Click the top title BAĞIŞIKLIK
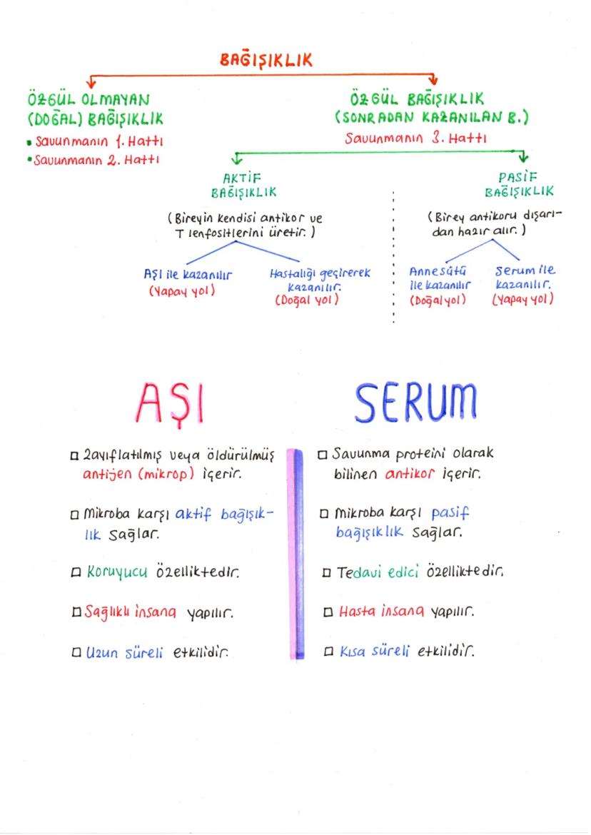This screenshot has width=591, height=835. [x=266, y=61]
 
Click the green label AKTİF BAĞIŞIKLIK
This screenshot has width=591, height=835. [x=244, y=184]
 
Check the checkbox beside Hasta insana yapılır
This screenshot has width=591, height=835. [x=327, y=612]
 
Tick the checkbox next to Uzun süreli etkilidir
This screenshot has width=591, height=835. [x=75, y=652]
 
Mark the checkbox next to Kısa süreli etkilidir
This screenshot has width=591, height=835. [x=327, y=652]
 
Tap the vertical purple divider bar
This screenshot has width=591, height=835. [x=295, y=553]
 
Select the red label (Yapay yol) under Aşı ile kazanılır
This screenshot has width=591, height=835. [x=182, y=291]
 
